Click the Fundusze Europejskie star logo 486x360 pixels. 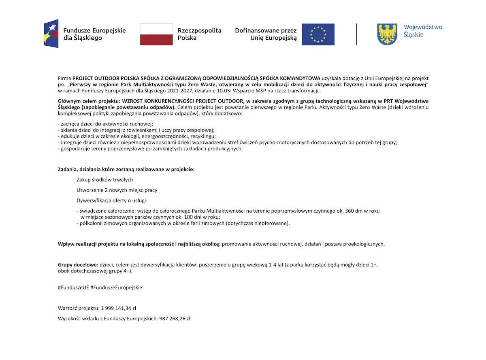[x=51, y=34]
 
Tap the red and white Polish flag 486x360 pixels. [x=156, y=34]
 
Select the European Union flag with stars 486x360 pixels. [x=318, y=34]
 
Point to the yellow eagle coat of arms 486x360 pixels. [x=387, y=34]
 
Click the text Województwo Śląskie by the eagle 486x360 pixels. [x=422, y=31]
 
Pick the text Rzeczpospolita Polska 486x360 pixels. [x=199, y=34]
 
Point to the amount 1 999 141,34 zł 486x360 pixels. [x=115, y=308]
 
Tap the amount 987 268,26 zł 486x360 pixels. [x=174, y=319]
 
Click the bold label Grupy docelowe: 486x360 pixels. [x=78, y=265]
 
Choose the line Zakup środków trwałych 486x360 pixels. [x=105, y=180]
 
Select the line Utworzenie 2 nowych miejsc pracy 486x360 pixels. [x=117, y=190]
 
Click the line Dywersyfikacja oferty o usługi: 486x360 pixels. [x=112, y=200]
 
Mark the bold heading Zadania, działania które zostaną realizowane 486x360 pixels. [x=126, y=169]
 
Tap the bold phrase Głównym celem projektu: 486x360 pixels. [x=86, y=101]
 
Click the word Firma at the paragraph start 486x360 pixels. [x=64, y=78]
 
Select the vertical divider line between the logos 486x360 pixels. [x=356, y=34]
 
